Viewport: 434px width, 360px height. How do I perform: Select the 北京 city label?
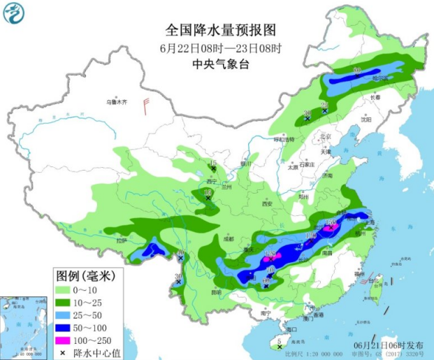tap(324, 137)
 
